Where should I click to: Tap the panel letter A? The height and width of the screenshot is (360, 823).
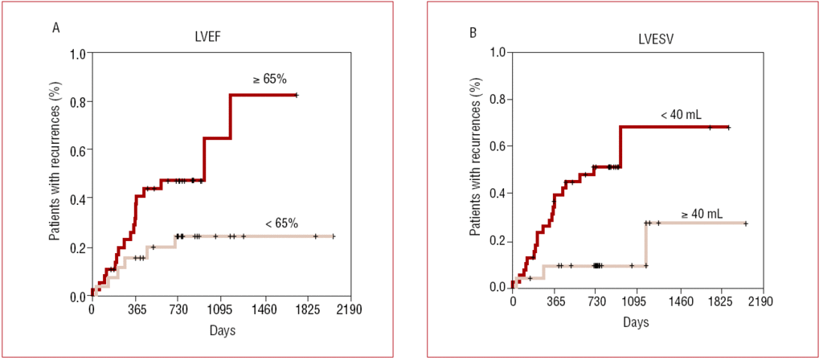[x=55, y=29]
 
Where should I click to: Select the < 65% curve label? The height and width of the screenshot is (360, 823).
[x=281, y=223]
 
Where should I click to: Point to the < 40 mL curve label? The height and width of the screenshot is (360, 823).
[x=682, y=116]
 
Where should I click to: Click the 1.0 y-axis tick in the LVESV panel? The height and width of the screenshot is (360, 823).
[x=497, y=53]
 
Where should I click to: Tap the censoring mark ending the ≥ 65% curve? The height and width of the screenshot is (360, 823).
[x=296, y=95]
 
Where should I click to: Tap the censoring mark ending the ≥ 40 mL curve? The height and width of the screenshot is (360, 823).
[x=746, y=223]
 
